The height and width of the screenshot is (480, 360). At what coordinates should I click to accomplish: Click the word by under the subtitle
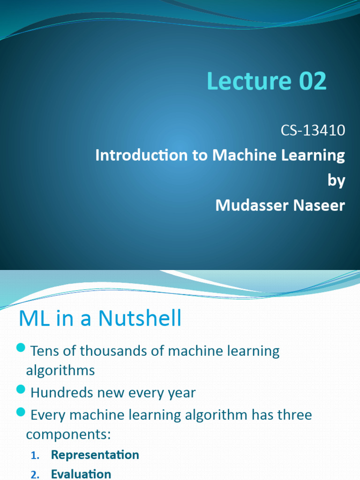pos(336,180)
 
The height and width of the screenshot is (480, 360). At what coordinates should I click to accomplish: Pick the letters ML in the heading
pos(31,319)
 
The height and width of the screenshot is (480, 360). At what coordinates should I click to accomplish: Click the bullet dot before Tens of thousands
pos(20,347)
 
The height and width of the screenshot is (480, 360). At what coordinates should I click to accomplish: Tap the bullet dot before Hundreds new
pos(20,389)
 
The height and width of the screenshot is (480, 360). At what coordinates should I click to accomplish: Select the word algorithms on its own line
pos(60,370)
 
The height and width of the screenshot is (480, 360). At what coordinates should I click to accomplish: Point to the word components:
pos(68,434)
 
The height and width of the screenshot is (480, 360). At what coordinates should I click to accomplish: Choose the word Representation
pos(95,455)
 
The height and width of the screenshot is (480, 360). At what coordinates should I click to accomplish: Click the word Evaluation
pos(81,474)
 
